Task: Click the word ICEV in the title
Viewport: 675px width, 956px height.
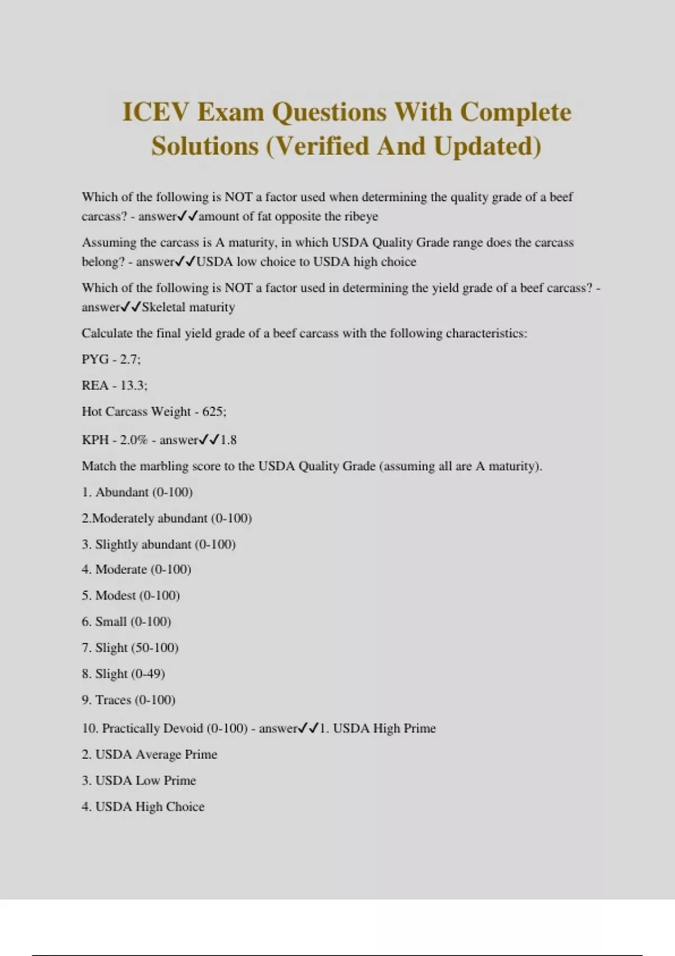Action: pyautogui.click(x=154, y=112)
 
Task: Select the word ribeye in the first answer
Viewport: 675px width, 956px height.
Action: pyautogui.click(x=361, y=217)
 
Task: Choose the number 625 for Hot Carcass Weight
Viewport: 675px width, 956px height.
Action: pyautogui.click(x=213, y=412)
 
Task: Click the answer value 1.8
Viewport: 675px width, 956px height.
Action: pyautogui.click(x=228, y=440)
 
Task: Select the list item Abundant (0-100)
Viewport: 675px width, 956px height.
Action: pyautogui.click(x=144, y=493)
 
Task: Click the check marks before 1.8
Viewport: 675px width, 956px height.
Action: pyautogui.click(x=209, y=440)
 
